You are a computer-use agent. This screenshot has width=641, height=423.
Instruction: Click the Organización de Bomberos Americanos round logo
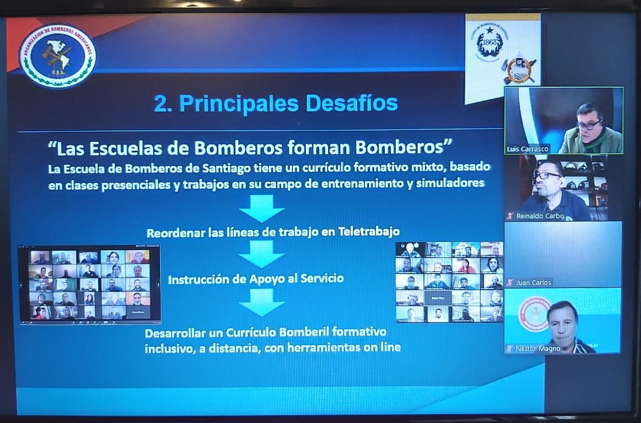(58, 55)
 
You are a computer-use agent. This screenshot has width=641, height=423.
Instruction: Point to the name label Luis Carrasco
(528, 149)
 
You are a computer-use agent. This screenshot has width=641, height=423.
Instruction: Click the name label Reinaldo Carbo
(539, 216)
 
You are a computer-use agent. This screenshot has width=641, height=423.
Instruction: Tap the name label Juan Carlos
(533, 282)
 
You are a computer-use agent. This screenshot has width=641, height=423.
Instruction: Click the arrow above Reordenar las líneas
(262, 208)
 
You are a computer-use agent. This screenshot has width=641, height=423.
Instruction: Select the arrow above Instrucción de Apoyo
(262, 254)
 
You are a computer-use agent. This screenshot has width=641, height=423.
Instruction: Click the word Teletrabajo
(368, 232)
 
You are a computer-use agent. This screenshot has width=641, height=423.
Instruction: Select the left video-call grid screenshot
(89, 284)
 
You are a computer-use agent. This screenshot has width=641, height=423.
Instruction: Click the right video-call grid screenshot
(449, 282)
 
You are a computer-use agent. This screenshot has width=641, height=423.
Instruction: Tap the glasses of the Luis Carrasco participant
(588, 125)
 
